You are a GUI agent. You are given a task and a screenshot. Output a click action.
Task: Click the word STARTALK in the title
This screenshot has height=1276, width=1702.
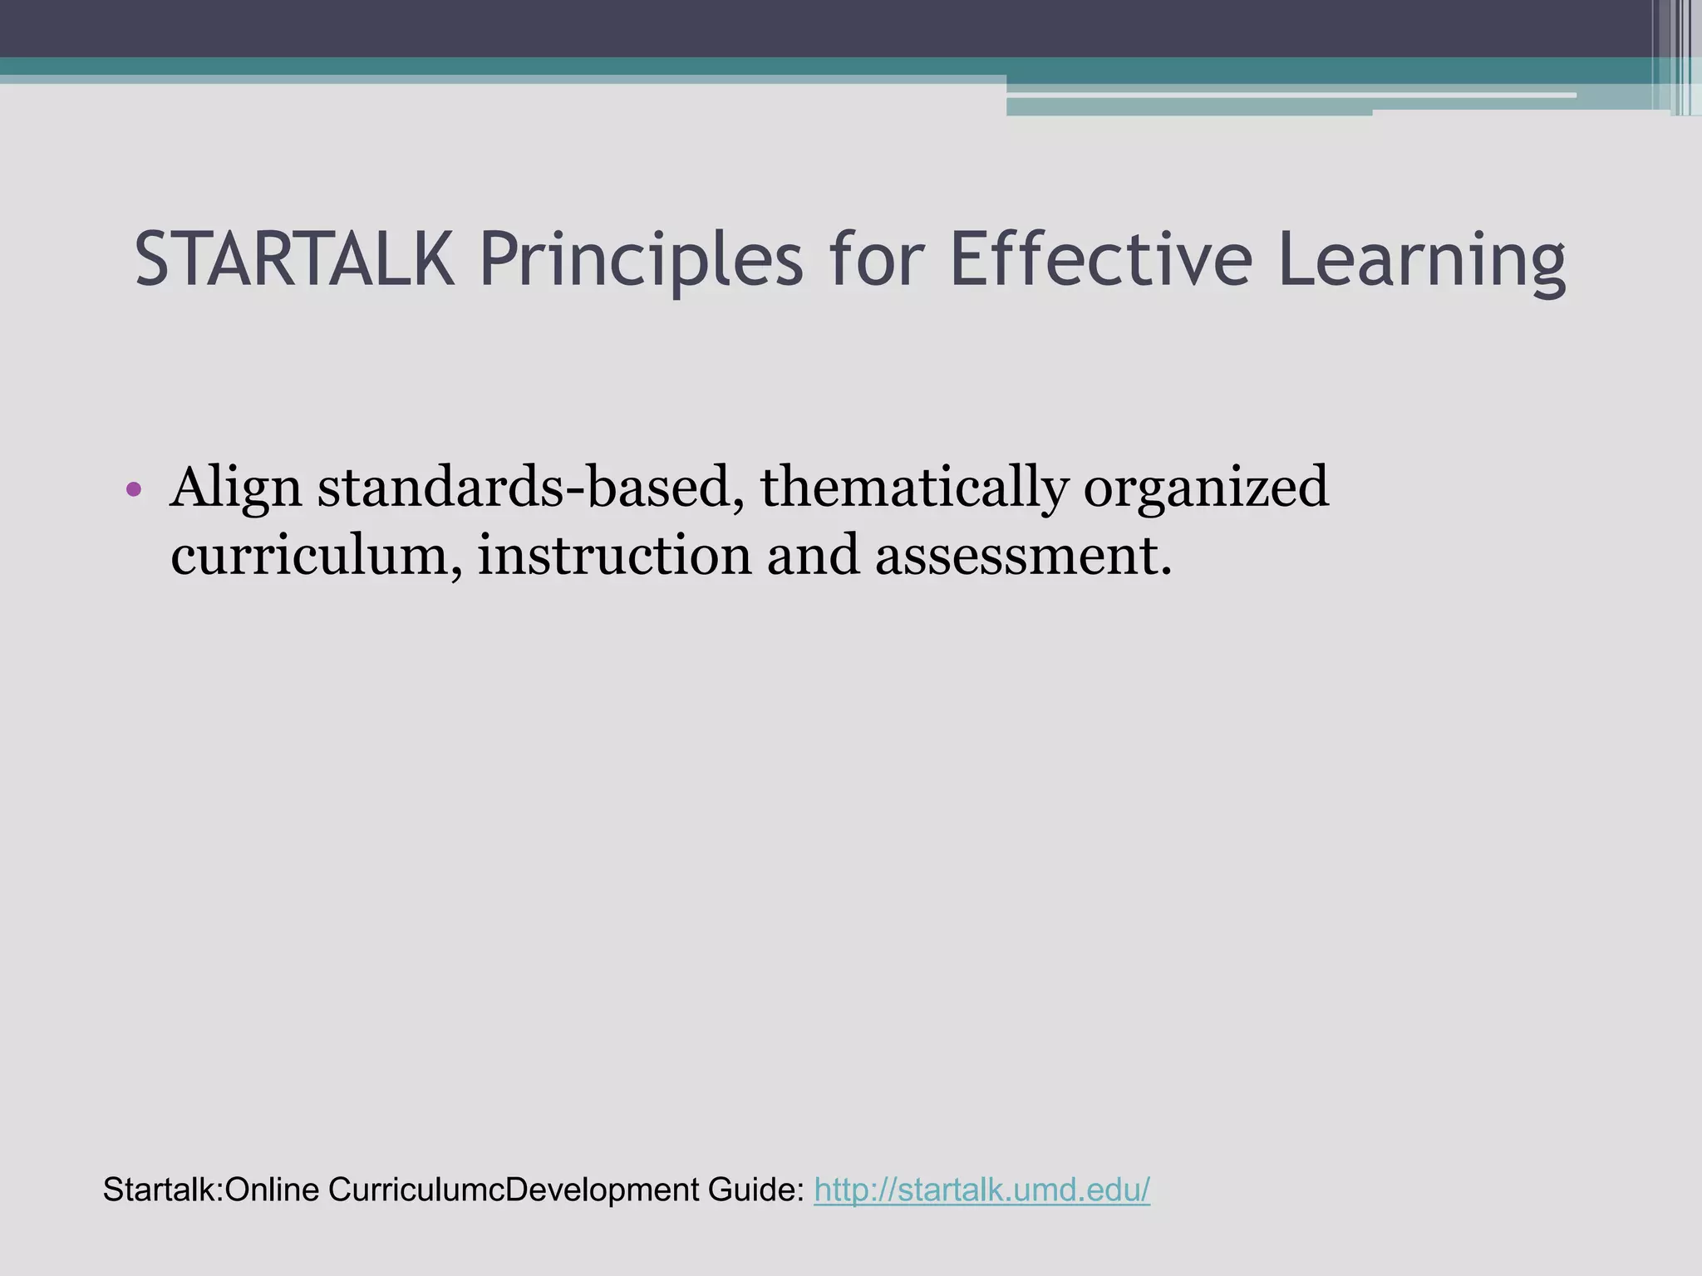point(294,260)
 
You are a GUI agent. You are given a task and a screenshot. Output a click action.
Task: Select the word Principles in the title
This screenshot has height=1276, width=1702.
point(641,260)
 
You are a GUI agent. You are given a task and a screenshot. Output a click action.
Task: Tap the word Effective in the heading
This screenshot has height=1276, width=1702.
point(1099,260)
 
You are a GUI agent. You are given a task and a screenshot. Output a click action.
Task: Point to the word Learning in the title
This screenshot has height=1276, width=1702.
point(1421,260)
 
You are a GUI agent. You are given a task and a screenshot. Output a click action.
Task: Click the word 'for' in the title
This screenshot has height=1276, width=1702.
point(875,260)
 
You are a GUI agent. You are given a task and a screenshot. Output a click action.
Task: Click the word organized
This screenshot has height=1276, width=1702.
point(1206,488)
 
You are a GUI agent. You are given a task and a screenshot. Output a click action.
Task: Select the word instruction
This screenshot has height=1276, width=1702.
point(614,555)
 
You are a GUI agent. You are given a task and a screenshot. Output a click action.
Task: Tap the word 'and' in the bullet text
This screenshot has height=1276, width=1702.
point(812,555)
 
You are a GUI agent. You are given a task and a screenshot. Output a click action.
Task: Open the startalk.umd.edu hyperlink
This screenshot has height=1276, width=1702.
point(981,1190)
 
